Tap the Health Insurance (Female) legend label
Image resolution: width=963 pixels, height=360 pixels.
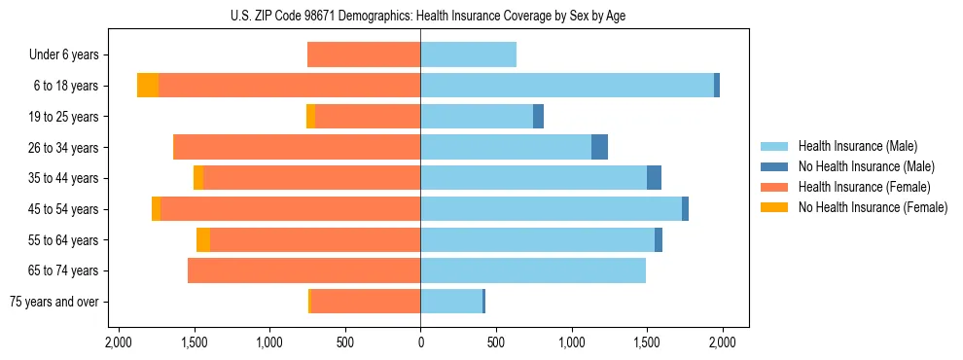tap(864, 187)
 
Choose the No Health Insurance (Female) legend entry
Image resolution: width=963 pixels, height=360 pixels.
tap(873, 207)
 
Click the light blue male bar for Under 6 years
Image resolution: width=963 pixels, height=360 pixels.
tap(468, 55)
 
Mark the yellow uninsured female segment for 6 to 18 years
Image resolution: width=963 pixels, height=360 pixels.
tap(148, 86)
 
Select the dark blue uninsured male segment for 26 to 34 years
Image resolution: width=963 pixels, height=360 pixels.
tap(599, 147)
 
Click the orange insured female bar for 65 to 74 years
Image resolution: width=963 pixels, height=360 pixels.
tap(303, 270)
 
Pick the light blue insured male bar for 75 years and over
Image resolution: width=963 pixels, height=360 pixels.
tap(451, 302)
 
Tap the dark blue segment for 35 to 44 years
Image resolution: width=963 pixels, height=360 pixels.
tap(654, 178)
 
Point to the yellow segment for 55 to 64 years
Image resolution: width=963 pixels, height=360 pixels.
tap(203, 240)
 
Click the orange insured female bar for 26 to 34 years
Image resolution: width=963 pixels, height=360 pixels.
tap(297, 147)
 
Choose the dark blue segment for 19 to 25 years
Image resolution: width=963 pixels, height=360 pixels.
tap(538, 117)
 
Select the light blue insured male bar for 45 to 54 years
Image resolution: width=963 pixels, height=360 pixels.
tap(551, 209)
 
